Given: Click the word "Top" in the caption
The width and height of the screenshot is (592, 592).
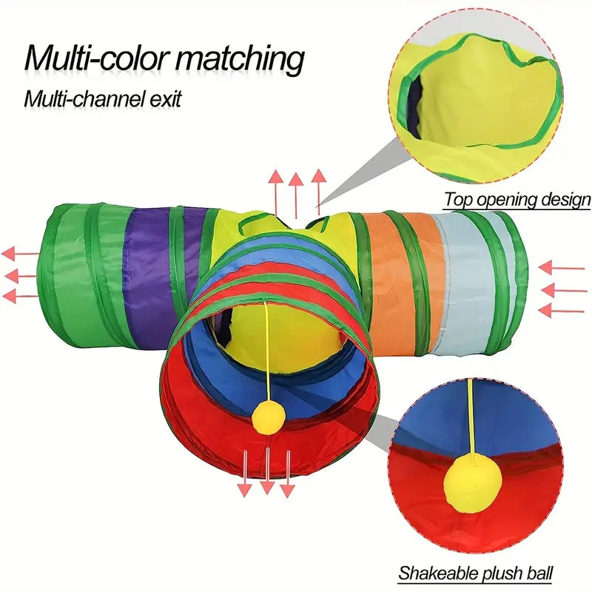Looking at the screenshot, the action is [x=458, y=200].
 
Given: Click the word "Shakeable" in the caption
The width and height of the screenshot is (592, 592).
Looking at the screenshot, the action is [x=434, y=573].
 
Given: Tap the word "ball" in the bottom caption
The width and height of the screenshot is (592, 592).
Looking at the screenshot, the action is [x=538, y=573].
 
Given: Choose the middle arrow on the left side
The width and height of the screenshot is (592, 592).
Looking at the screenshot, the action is [x=21, y=275].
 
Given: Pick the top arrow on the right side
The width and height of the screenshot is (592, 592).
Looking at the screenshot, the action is [x=562, y=268].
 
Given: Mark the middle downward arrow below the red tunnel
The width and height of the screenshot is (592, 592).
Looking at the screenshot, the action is [x=267, y=471].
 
